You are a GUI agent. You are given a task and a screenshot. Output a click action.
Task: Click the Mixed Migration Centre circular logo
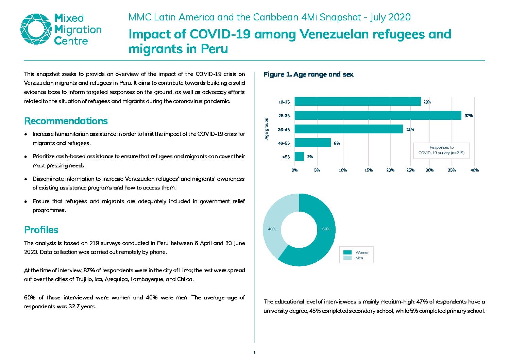36,29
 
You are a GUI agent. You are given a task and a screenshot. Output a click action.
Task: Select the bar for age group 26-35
378,115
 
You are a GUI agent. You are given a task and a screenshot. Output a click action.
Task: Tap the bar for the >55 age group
299,157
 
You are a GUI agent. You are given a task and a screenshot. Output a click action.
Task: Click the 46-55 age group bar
313,143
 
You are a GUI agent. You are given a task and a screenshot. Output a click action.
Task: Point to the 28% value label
427,102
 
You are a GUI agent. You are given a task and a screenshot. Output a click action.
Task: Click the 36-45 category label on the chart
284,130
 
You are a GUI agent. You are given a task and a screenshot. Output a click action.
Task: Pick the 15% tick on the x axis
368,170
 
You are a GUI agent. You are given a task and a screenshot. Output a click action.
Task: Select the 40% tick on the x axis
474,170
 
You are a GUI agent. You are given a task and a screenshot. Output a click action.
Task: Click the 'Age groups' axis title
267,129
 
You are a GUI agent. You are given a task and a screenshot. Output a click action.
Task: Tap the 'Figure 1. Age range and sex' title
308,75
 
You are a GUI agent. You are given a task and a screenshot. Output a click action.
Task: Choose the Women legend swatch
347,252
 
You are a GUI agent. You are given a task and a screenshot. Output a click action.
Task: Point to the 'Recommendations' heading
66,121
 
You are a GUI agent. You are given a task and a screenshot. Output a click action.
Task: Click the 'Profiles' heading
41,230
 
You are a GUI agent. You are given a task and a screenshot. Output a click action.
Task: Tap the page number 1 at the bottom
254,353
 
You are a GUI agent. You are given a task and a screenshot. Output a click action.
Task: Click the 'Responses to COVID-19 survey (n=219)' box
441,150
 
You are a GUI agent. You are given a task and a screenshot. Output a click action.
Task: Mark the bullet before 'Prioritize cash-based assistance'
26,157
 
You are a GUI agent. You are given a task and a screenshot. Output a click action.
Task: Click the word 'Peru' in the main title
214,49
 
